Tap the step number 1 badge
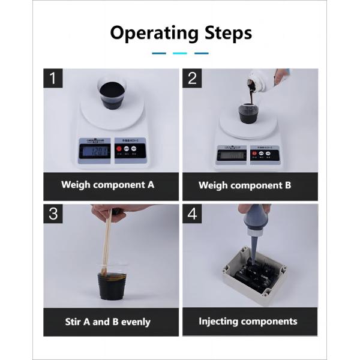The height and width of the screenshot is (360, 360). pyautogui.click(x=54, y=78)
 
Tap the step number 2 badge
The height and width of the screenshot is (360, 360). pyautogui.click(x=193, y=78)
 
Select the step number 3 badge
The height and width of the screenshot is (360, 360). pyautogui.click(x=54, y=214)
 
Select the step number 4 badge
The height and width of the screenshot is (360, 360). pyautogui.click(x=193, y=214)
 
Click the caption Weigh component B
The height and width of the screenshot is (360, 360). pyautogui.click(x=245, y=185)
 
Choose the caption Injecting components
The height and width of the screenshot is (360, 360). pyautogui.click(x=248, y=321)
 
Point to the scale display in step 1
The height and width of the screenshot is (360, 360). pyautogui.click(x=95, y=151)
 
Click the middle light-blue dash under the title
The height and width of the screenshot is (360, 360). pyautogui.click(x=180, y=53)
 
